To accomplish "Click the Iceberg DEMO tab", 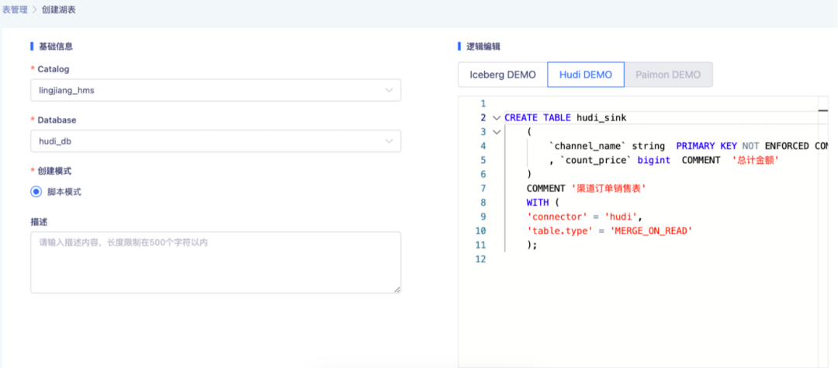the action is [502, 75].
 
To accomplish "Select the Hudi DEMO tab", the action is [586, 75].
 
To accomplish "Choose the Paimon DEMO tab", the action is [668, 75].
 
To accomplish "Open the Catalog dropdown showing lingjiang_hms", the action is [216, 90].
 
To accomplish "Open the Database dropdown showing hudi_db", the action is [216, 141].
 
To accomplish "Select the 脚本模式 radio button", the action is [36, 192].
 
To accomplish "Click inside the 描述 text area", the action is [216, 262].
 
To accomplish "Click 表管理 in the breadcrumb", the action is [15, 9].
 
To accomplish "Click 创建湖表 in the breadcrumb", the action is [59, 9].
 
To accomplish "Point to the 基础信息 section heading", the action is [56, 47].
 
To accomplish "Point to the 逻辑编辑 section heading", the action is [483, 47].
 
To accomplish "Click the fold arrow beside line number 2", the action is [497, 118].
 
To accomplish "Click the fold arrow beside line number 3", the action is [497, 131].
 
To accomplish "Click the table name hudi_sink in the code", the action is [601, 118].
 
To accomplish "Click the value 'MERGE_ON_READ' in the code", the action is [651, 231].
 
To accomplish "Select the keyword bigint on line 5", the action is [653, 160].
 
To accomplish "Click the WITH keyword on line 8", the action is [537, 202].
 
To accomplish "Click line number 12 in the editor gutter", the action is [480, 259].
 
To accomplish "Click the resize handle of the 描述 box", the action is [397, 290].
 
